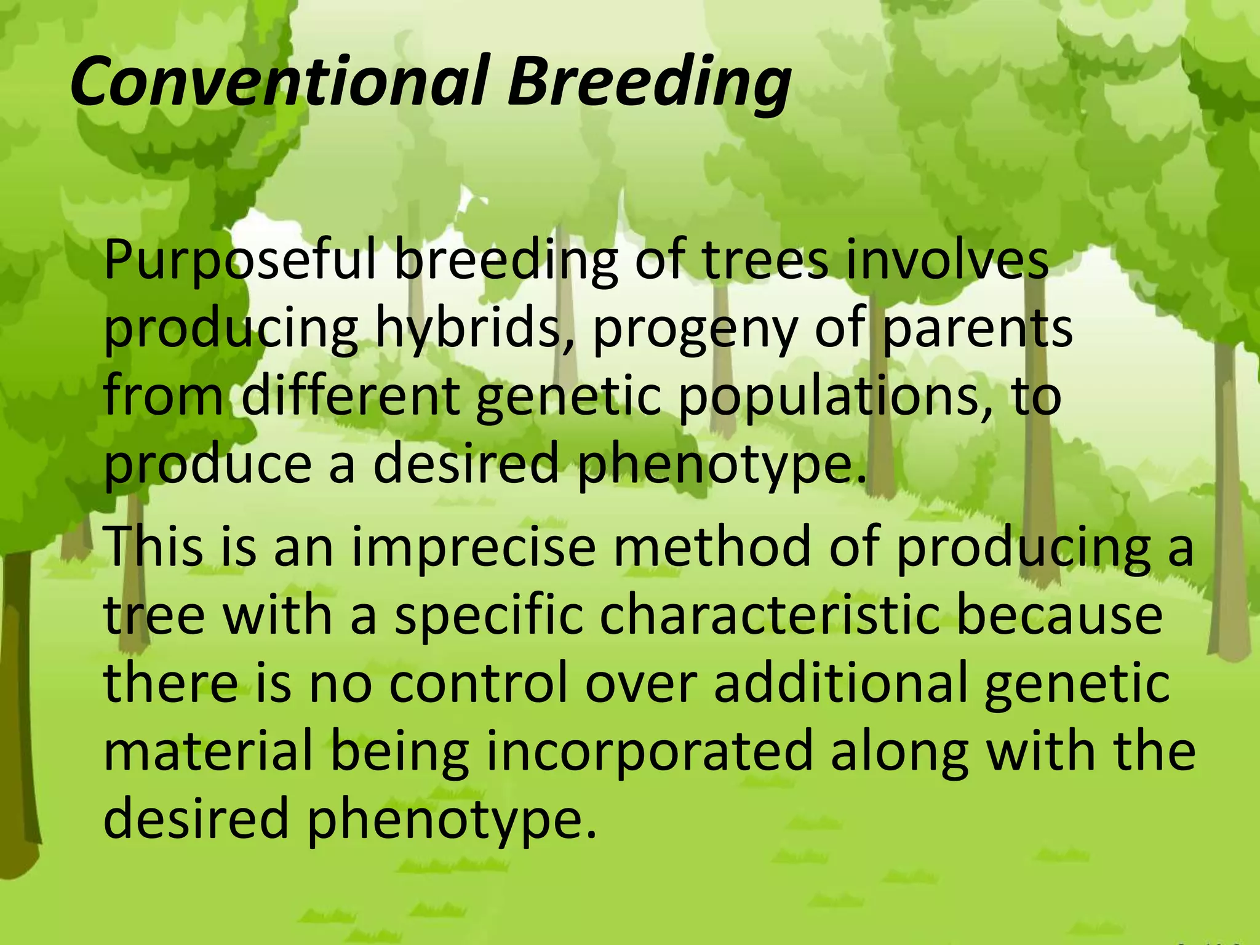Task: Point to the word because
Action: tap(1059, 616)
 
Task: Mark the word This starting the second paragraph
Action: tap(153, 547)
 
